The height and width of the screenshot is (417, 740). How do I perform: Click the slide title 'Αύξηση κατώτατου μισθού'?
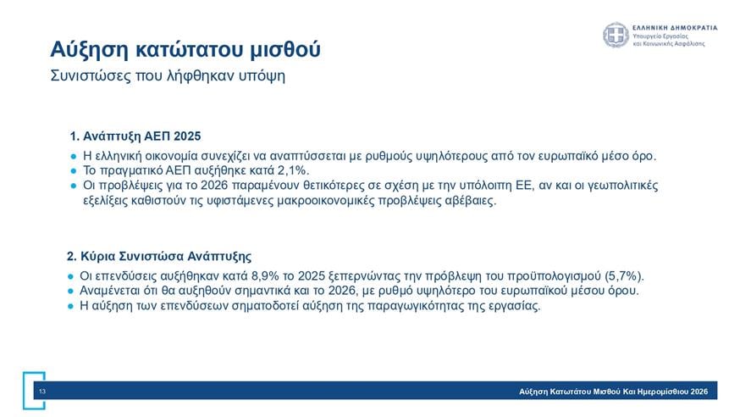click(x=185, y=48)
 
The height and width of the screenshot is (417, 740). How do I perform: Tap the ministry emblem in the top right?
click(x=615, y=36)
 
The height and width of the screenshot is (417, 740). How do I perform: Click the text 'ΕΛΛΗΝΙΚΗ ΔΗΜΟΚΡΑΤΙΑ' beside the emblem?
click(x=675, y=27)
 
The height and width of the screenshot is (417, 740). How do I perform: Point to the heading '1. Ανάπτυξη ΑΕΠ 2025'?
click(x=135, y=136)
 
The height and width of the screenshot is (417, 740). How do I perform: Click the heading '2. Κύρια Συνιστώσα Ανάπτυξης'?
click(x=159, y=255)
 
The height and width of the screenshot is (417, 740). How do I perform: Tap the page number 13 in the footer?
click(x=41, y=391)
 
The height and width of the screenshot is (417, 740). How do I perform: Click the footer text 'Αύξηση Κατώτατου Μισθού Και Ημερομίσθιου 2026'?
click(x=613, y=391)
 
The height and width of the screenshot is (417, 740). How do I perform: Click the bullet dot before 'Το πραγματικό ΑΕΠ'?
click(x=73, y=171)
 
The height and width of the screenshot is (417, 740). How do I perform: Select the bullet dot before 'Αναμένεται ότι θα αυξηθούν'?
click(x=71, y=292)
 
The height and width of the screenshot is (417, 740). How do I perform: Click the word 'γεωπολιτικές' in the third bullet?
click(x=621, y=185)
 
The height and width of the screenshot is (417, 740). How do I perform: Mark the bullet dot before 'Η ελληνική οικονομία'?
click(x=73, y=157)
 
